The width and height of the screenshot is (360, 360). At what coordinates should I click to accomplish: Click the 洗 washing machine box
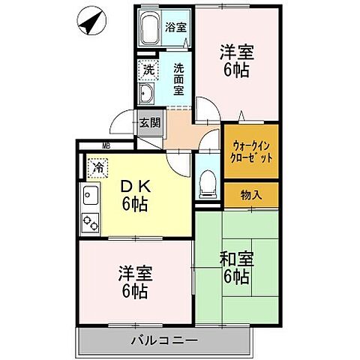tap(148, 68)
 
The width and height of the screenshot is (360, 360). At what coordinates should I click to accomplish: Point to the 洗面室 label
tap(179, 78)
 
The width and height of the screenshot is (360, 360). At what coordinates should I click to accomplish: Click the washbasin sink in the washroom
tap(147, 94)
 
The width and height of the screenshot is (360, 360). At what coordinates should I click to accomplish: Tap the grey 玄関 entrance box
tap(148, 123)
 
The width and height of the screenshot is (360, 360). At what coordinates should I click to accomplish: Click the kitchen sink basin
tap(91, 197)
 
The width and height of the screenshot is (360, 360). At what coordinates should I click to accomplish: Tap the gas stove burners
tap(92, 222)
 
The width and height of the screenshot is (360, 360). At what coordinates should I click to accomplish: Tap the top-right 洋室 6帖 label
tap(236, 61)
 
